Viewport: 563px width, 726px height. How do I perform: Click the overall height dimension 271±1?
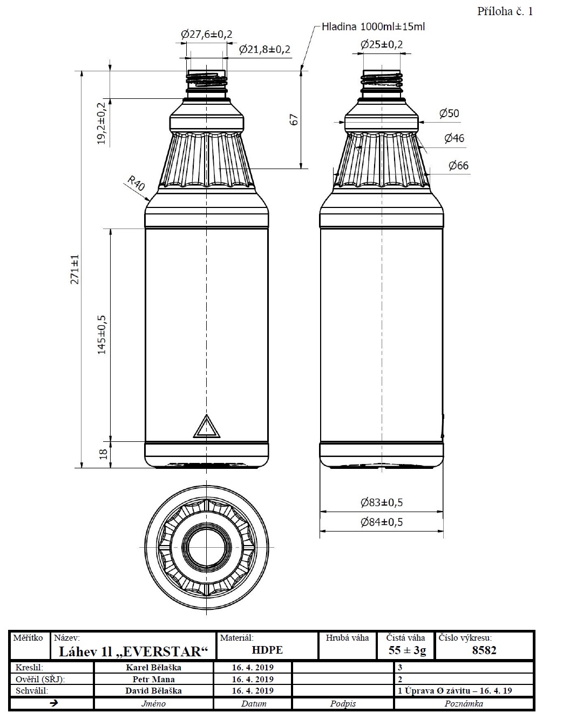click(74, 270)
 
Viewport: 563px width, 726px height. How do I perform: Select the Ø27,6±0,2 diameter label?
click(207, 34)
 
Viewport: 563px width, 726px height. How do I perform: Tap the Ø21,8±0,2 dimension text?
click(264, 50)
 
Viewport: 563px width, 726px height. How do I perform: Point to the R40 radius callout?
click(136, 184)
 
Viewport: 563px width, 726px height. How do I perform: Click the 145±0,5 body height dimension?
click(102, 335)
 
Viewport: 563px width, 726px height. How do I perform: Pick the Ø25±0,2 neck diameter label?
click(382, 44)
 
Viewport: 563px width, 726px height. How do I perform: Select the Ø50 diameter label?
click(449, 113)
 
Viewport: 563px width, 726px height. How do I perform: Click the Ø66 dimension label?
click(458, 165)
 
